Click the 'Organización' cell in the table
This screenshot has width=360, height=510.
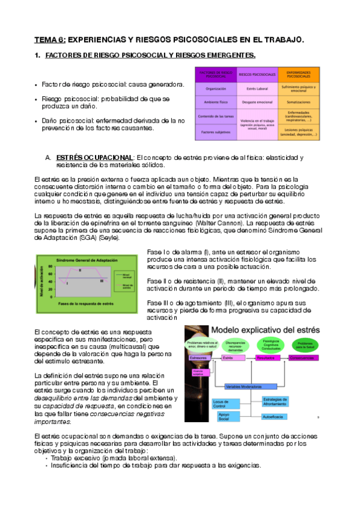pyautogui.click(x=215, y=88)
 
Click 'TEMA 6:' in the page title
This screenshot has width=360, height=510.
pyautogui.click(x=50, y=40)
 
